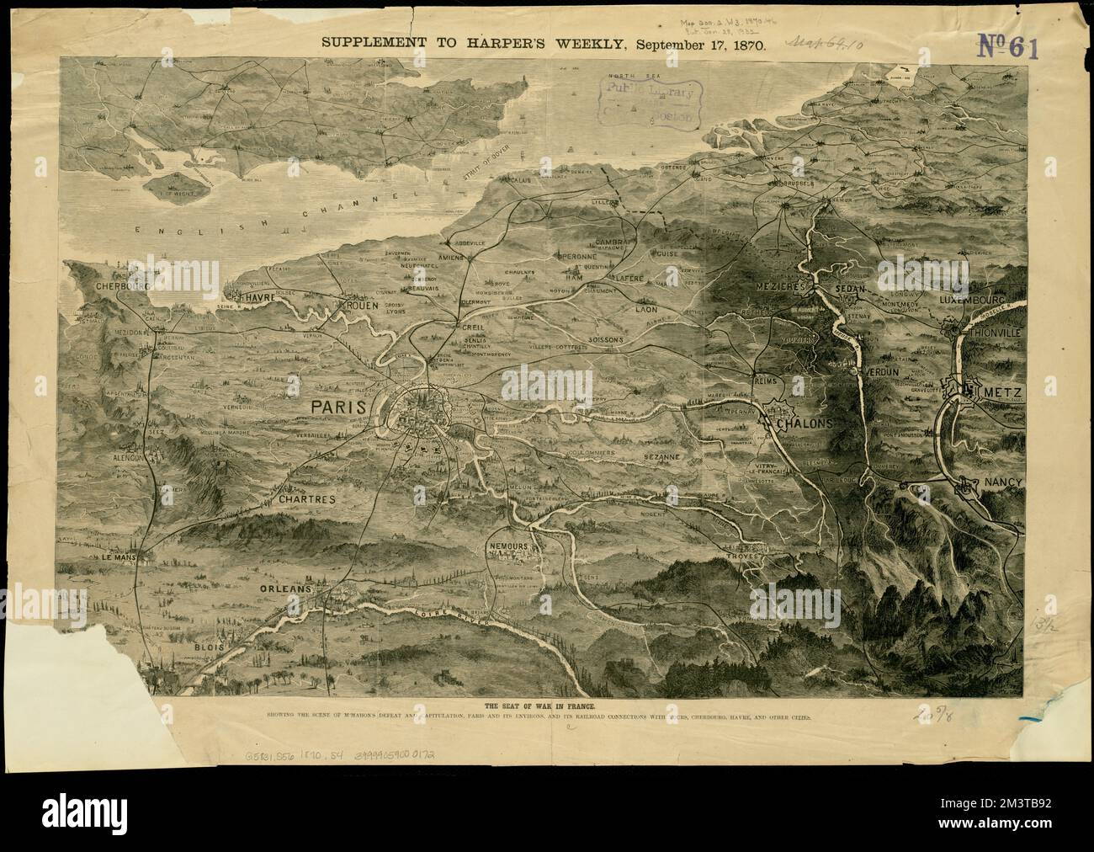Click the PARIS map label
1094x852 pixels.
338,407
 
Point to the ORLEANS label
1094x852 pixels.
286,588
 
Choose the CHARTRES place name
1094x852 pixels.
305,499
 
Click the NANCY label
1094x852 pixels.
1002,482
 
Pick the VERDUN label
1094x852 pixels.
882,370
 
